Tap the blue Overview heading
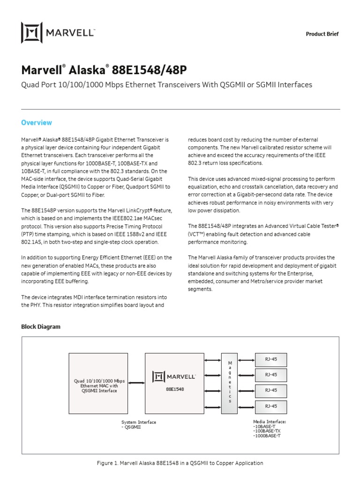click(37, 123)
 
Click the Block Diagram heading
click(41, 326)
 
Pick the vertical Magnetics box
click(229, 383)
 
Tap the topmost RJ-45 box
click(270, 360)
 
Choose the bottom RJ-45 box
click(270, 406)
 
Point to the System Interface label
click(139, 422)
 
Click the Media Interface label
click(269, 422)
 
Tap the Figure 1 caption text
click(180, 463)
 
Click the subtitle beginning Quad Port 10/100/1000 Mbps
click(166, 85)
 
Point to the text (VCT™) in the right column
click(198, 233)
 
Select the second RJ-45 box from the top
click(270, 375)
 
